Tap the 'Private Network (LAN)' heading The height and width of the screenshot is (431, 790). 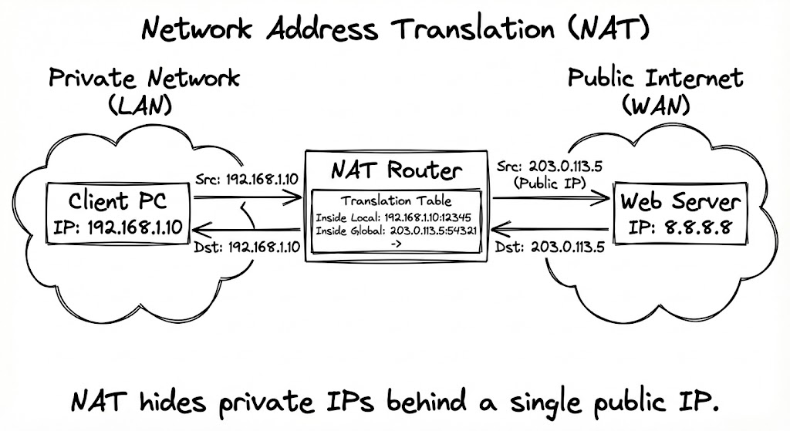click(144, 91)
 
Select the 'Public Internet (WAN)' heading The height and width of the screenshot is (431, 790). click(655, 91)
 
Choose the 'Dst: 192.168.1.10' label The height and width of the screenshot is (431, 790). click(248, 247)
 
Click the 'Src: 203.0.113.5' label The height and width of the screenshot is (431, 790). click(549, 167)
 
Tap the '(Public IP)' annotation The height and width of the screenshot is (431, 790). click(549, 184)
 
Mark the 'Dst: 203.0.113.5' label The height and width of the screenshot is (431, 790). click(549, 249)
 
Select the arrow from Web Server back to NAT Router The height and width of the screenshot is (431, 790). click(549, 229)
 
